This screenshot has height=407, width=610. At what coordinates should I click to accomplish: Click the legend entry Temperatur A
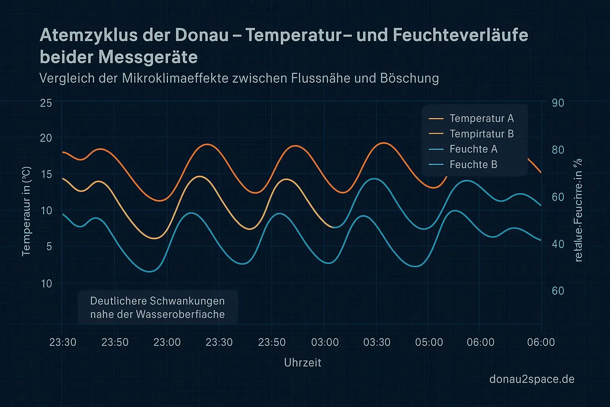pyautogui.click(x=481, y=118)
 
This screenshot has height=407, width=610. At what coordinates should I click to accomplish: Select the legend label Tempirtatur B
pyautogui.click(x=481, y=134)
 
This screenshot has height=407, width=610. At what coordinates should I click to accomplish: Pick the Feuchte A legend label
pyautogui.click(x=473, y=149)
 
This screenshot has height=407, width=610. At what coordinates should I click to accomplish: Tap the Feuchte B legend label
pyautogui.click(x=473, y=165)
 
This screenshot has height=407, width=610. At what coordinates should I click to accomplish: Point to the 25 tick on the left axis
pyautogui.click(x=46, y=103)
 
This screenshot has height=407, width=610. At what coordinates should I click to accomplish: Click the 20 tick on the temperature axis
pyautogui.click(x=46, y=138)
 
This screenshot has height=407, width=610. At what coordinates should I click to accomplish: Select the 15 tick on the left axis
pyautogui.click(x=46, y=174)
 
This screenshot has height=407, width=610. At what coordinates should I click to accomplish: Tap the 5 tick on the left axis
pyautogui.click(x=49, y=246)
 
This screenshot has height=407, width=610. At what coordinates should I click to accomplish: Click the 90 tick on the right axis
pyautogui.click(x=558, y=103)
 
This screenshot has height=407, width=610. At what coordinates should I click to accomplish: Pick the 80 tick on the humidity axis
pyautogui.click(x=558, y=150)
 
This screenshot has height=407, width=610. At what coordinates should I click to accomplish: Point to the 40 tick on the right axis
pyautogui.click(x=558, y=244)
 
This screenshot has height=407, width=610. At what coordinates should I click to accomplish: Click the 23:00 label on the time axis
pyautogui.click(x=167, y=342)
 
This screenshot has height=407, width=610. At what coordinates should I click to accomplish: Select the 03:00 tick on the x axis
pyautogui.click(x=325, y=342)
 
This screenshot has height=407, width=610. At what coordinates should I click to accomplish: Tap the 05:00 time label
pyautogui.click(x=429, y=342)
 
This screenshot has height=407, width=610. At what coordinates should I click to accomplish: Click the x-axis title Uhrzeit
pyautogui.click(x=303, y=362)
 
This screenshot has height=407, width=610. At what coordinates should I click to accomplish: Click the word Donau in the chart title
pyautogui.click(x=201, y=35)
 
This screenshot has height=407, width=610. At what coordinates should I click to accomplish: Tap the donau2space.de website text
pyautogui.click(x=532, y=379)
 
